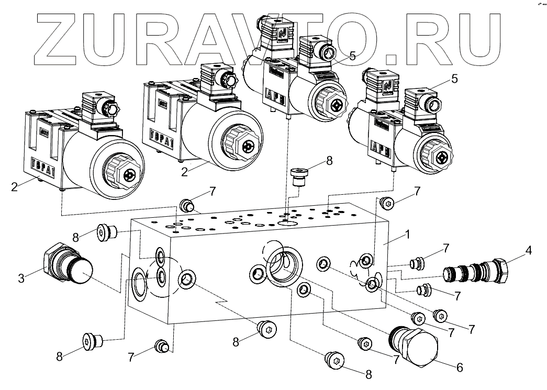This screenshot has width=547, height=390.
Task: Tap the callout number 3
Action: click(x=21, y=278)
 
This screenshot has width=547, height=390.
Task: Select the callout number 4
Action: click(x=529, y=250)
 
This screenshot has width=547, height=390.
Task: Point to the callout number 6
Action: click(x=460, y=367)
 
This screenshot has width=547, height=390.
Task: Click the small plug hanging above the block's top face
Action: click(x=299, y=177)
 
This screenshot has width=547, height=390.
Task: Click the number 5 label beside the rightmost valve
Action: click(x=454, y=79)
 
